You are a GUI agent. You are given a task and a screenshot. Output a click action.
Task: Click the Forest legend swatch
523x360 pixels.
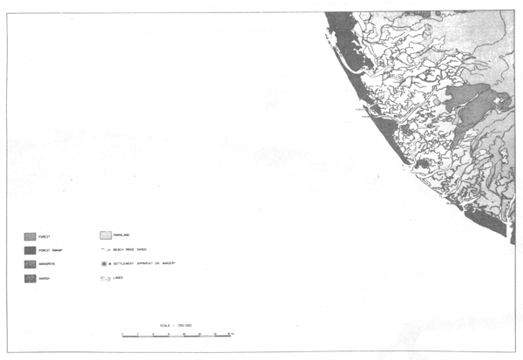point(30,235)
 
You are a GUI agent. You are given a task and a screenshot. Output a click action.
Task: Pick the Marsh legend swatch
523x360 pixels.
point(30,278)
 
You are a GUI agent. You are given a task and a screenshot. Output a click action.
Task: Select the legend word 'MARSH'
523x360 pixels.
point(45,279)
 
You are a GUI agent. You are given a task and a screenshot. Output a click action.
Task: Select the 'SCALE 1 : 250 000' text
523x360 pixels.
point(176,324)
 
